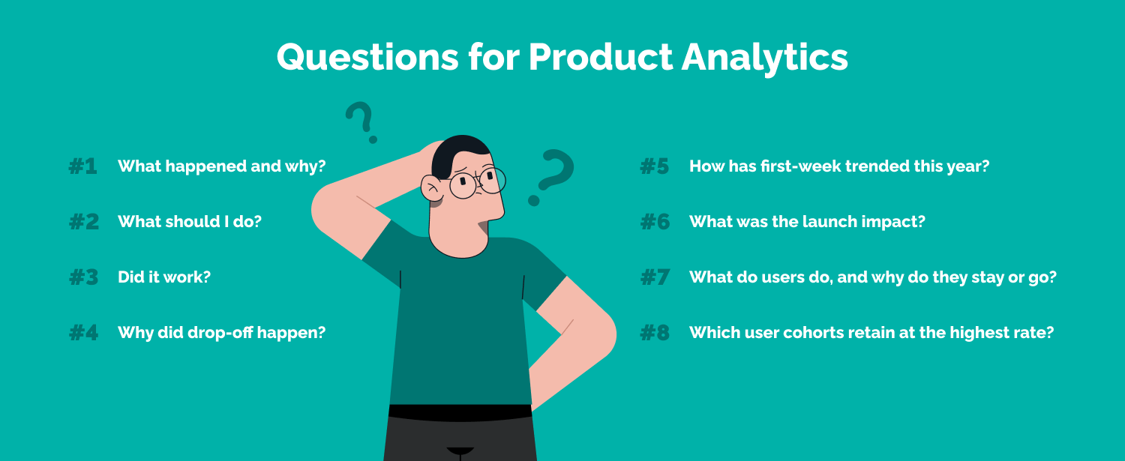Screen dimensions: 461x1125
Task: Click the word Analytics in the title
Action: pyautogui.click(x=764, y=57)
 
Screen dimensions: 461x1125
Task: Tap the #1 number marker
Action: pyautogui.click(x=83, y=166)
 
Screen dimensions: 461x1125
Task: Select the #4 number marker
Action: pyautogui.click(x=83, y=333)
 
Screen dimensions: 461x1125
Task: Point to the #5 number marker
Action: pyautogui.click(x=654, y=166)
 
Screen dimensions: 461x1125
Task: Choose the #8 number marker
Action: pyautogui.click(x=654, y=333)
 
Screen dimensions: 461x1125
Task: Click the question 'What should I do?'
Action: pyautogui.click(x=190, y=222)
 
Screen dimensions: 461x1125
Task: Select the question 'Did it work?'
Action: pyautogui.click(x=164, y=277)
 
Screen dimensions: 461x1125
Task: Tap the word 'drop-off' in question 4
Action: pyautogui.click(x=217, y=332)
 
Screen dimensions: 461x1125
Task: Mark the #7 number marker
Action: pyautogui.click(x=654, y=277)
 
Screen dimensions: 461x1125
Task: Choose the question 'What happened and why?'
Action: pyautogui.click(x=222, y=166)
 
